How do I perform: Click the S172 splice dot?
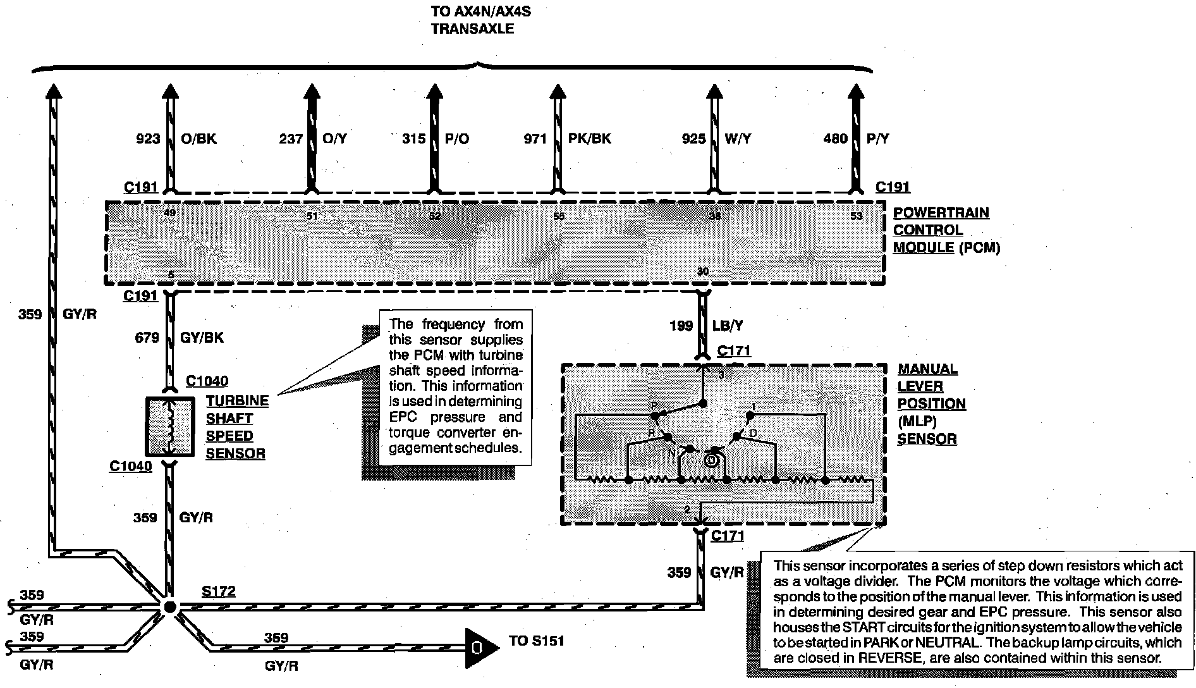(169, 606)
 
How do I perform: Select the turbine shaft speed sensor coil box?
(169, 426)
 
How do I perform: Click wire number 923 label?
(149, 138)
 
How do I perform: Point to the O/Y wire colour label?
(334, 138)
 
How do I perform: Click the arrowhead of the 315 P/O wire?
(434, 92)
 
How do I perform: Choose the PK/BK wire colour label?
(590, 138)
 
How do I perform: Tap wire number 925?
(693, 138)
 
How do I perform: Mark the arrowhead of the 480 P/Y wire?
(856, 92)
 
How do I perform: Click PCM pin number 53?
(856, 216)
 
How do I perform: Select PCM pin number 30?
(702, 272)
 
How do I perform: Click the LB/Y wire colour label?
(728, 326)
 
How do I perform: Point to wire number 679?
(147, 338)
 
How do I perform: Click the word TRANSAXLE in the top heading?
(472, 29)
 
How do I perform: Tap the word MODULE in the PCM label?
(923, 248)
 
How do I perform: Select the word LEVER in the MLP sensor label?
(920, 386)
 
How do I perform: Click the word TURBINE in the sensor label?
(237, 401)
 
